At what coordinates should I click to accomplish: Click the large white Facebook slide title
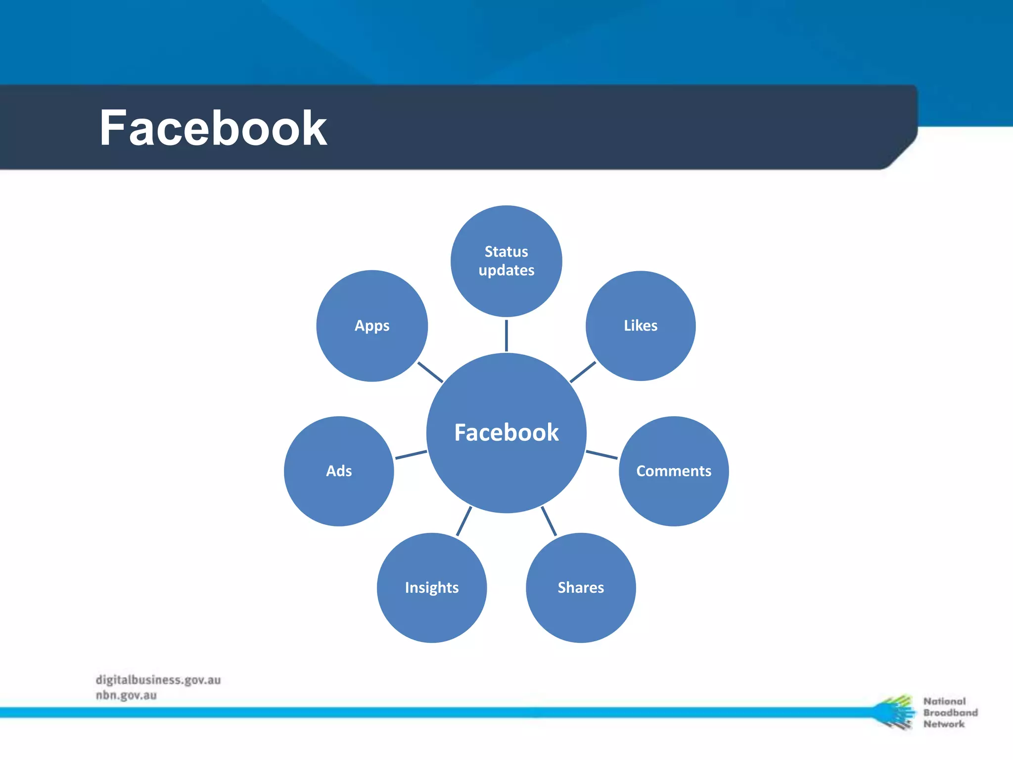(x=213, y=129)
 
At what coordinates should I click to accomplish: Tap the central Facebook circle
(x=506, y=433)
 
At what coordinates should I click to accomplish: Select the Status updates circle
(x=506, y=261)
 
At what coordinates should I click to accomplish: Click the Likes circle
(x=641, y=326)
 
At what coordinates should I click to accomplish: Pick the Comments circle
(x=674, y=471)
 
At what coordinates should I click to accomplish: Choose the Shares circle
(x=581, y=587)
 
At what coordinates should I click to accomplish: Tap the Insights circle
(x=431, y=587)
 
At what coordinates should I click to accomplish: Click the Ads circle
(x=339, y=471)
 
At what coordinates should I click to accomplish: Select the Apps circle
(x=372, y=326)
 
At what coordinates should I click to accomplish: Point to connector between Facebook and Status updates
(x=506, y=335)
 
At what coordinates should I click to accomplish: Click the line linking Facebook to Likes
(x=583, y=372)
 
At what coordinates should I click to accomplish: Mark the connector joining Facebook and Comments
(x=601, y=455)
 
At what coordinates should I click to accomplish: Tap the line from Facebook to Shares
(x=549, y=521)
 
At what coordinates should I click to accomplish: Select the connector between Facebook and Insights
(x=464, y=521)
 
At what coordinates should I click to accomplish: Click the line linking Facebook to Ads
(x=411, y=455)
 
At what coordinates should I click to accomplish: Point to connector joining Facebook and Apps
(x=430, y=372)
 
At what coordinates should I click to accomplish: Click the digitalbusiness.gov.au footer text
(x=158, y=680)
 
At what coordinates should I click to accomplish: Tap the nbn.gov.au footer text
(x=126, y=695)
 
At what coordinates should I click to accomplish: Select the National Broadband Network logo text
(x=950, y=712)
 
